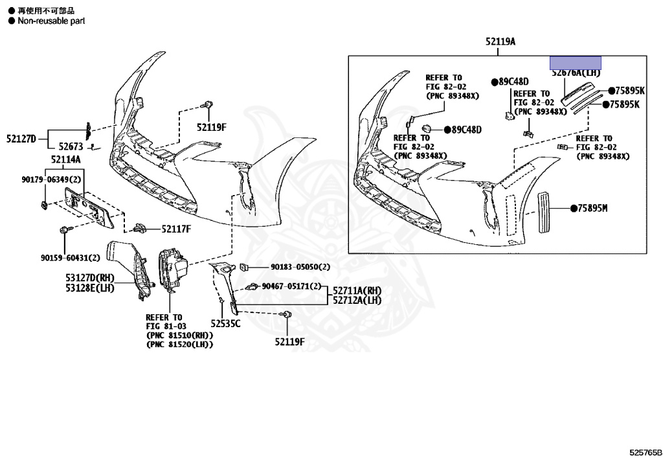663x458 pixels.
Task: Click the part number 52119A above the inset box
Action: click(500, 41)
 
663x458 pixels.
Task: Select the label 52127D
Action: click(21, 138)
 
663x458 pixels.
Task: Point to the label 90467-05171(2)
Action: click(291, 286)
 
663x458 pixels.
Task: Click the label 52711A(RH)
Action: click(357, 290)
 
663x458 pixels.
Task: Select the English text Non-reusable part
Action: click(46, 21)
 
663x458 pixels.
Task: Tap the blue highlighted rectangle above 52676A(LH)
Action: click(576, 63)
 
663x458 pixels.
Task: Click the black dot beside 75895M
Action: click(574, 208)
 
